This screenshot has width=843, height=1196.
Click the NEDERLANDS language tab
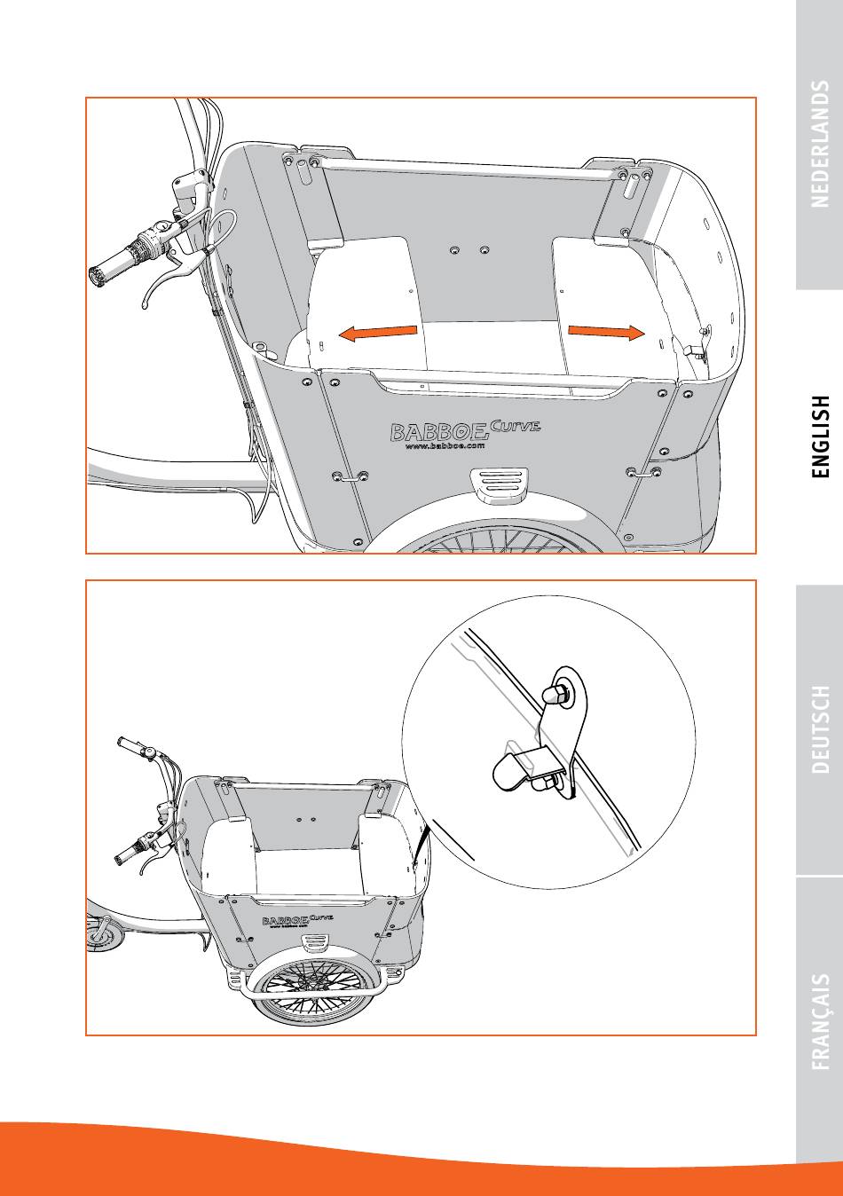click(x=820, y=145)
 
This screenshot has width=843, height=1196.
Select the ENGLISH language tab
click(x=820, y=437)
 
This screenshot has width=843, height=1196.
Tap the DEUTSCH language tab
click(x=820, y=728)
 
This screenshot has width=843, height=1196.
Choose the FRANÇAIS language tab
click(x=820, y=1020)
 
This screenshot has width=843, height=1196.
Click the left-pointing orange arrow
click(x=377, y=333)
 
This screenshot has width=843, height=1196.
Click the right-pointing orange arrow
click(x=605, y=332)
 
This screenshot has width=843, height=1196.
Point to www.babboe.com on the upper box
click(x=445, y=446)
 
